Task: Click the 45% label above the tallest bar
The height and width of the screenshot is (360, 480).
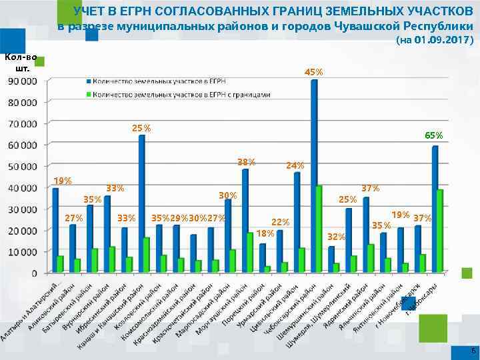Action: [314, 72]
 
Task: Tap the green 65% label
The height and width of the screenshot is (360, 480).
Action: [433, 135]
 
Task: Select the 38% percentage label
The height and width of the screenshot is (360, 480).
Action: [247, 162]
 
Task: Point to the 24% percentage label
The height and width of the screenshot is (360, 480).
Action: [295, 165]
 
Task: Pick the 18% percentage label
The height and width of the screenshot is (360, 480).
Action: [265, 233]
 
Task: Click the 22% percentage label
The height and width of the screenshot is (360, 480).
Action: [281, 222]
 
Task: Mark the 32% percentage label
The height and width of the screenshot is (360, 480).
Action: [337, 237]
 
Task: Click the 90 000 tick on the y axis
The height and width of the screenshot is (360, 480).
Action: [23, 81]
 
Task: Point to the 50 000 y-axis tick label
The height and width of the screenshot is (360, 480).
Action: [23, 167]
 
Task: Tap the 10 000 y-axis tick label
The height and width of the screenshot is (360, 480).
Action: [23, 252]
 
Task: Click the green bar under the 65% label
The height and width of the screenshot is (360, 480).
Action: [439, 231]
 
